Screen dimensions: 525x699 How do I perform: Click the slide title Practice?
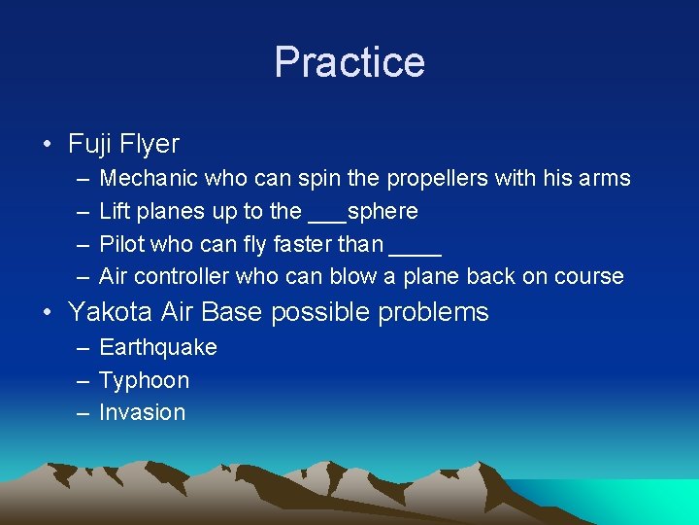pos(349,62)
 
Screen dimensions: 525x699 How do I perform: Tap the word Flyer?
pos(150,145)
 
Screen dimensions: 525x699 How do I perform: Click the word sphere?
pos(383,212)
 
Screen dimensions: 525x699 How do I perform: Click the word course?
pos(589,277)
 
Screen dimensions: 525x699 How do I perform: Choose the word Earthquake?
pos(158,348)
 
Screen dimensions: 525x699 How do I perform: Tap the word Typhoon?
pos(145,380)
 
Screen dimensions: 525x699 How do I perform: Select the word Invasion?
pos(143,412)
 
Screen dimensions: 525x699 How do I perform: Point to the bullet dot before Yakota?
pos(48,313)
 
